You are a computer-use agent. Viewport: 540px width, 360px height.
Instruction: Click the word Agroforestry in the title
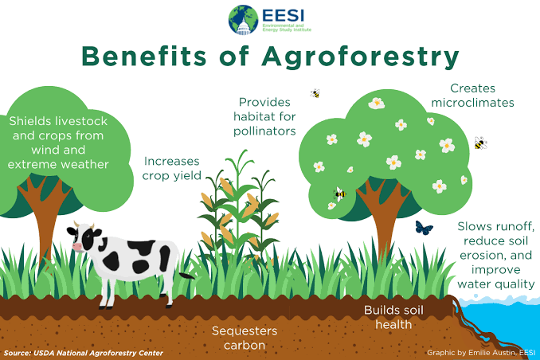(354, 57)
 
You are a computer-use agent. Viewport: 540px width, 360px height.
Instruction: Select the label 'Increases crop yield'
(171, 168)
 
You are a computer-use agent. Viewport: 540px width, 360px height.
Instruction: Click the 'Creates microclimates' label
(482, 95)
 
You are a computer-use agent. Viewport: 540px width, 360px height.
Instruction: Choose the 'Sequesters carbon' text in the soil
(244, 336)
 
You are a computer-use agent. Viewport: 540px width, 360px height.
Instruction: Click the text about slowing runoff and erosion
(495, 254)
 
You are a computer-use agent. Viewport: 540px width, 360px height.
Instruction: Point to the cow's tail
(185, 276)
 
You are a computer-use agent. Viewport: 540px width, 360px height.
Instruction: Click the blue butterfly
(425, 228)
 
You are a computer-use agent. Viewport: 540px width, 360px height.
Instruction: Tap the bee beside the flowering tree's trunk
(340, 194)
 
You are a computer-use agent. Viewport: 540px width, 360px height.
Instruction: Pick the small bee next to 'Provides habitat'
(315, 93)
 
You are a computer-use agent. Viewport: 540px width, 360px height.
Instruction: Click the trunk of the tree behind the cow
(36, 215)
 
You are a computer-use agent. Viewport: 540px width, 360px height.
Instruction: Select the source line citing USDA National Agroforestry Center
(84, 352)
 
